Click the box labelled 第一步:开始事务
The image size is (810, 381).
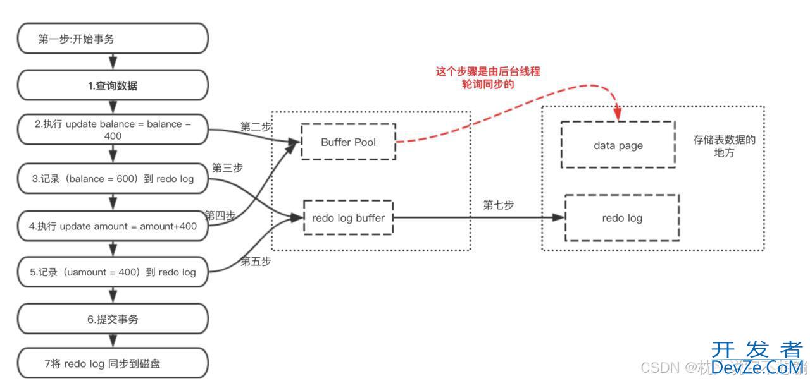coord(113,39)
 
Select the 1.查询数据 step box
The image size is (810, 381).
coord(113,86)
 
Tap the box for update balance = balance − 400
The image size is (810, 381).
coord(113,130)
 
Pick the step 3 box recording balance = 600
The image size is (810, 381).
coord(113,179)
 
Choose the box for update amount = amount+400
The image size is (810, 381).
coord(113,226)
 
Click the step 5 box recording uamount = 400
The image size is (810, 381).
coord(113,272)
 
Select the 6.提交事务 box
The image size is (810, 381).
coord(113,319)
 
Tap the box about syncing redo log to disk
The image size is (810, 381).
coord(113,363)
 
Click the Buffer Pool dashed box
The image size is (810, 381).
coord(348,142)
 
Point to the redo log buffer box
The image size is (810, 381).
coord(348,217)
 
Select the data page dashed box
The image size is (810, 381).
coord(617,145)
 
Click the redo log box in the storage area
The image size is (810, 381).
coord(621,218)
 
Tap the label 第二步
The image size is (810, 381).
coord(256,126)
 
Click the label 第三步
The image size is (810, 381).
coord(227,168)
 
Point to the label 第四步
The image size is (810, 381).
coord(220,215)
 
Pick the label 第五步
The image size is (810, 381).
coord(256,261)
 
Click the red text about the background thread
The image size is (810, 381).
coord(488,78)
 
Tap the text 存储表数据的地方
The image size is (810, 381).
coord(724,146)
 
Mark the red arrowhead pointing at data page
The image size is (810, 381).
coord(618,115)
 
